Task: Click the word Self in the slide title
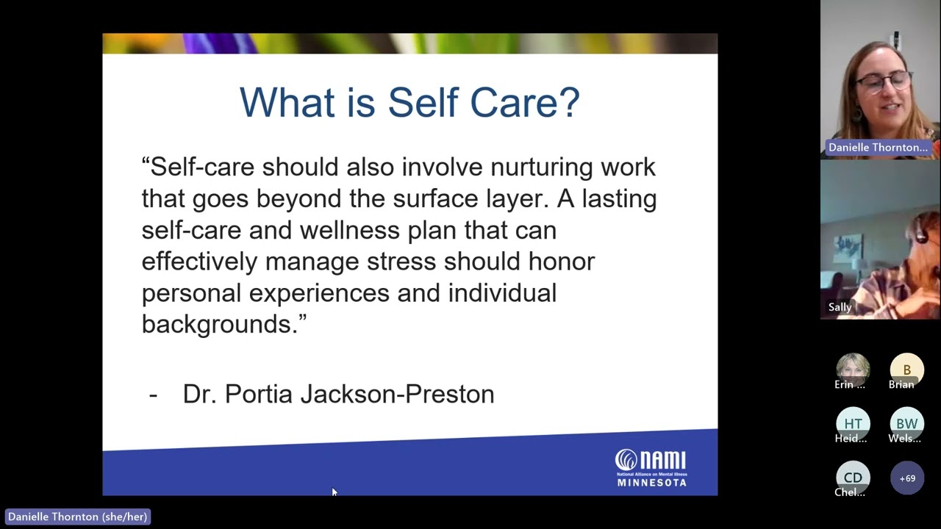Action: (x=423, y=102)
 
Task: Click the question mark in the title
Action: (x=568, y=102)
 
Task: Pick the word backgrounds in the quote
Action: (x=219, y=324)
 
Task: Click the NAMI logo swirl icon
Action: (x=626, y=460)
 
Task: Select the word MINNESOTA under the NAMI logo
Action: (x=651, y=483)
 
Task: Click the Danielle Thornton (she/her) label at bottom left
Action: (x=77, y=517)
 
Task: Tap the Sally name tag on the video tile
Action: (x=840, y=307)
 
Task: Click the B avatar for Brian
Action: (x=906, y=369)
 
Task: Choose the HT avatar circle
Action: (x=853, y=423)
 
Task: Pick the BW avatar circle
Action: (x=906, y=423)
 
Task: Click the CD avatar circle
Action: (x=853, y=478)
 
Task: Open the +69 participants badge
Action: (x=907, y=478)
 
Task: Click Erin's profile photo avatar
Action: (x=853, y=367)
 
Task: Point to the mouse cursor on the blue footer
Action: (x=334, y=492)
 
